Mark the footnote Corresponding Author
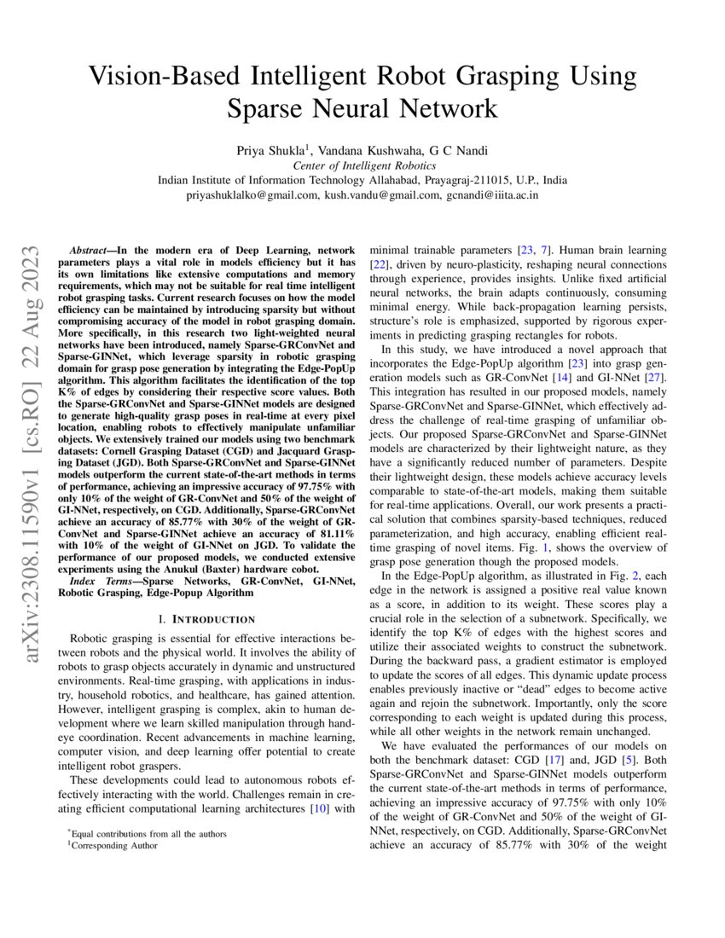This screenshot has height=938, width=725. pos(113,846)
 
